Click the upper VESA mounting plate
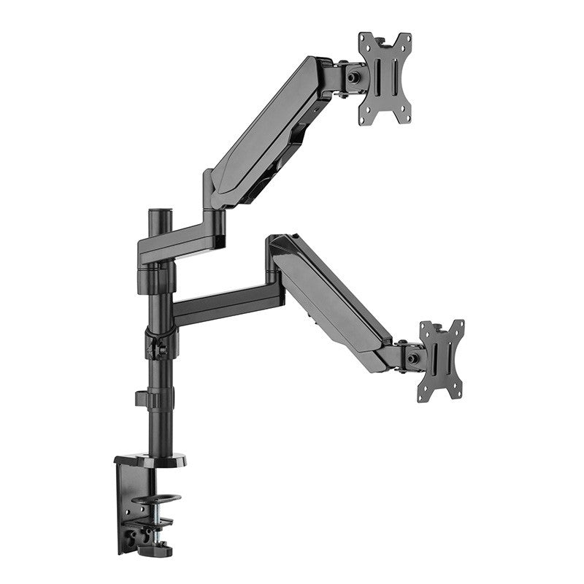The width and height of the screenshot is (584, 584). coord(385,79)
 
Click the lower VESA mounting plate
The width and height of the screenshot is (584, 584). coord(441,361)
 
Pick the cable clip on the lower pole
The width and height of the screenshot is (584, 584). coord(144,399)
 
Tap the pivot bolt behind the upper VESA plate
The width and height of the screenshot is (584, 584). coord(355,77)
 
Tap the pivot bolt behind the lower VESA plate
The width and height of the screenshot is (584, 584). coord(414,358)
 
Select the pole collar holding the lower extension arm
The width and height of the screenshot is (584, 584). coord(161,339)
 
